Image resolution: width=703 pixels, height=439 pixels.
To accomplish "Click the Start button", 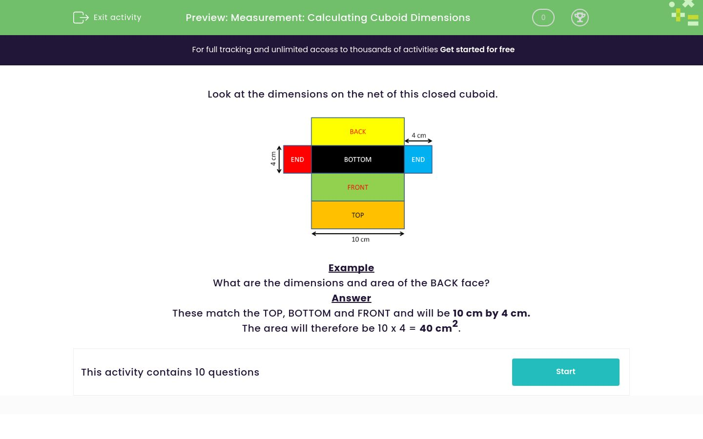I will (565, 372).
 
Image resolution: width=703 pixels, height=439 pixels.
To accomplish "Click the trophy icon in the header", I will (579, 18).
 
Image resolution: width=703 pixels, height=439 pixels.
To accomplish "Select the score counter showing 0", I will (543, 18).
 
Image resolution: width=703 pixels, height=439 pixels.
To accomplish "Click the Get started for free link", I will (477, 50).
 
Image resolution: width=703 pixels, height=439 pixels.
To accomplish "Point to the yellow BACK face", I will (358, 132).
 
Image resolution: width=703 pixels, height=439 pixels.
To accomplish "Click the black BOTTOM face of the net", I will (358, 160).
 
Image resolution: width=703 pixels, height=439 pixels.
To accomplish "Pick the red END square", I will (297, 160).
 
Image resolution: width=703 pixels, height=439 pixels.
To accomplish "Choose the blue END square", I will (418, 160).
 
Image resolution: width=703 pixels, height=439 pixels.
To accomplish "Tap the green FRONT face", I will (358, 187).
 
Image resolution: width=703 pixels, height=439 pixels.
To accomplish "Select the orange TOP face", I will (358, 215).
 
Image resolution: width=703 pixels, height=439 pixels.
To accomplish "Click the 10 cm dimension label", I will (360, 239).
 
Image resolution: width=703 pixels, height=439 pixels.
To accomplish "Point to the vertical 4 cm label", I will (273, 159).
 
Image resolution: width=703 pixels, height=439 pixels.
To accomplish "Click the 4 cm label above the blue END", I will (418, 135).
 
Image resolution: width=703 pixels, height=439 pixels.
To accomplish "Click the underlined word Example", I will (351, 268).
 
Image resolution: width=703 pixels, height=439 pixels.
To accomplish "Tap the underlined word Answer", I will (351, 298).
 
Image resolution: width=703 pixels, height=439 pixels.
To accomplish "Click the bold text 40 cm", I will (436, 328).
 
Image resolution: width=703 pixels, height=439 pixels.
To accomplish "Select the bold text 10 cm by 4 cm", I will (491, 313).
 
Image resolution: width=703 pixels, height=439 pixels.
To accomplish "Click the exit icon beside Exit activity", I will (81, 18).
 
